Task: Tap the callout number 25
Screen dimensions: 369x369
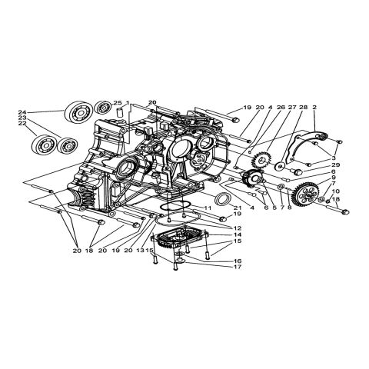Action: coord(117,103)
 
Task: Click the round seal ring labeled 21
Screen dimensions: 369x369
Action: coord(224,201)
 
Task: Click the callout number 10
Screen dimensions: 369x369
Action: coord(336,191)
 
